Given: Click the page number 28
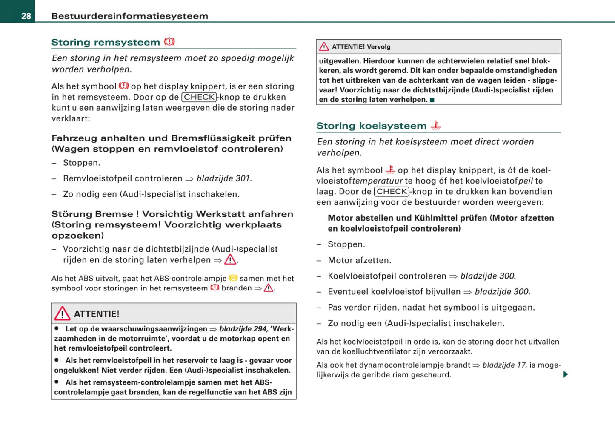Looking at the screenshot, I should [26, 16].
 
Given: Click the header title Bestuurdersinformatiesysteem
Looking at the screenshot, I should [130, 16].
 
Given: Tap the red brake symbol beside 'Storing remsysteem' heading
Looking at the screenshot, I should [169, 42].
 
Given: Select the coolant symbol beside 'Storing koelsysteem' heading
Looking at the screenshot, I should [435, 125].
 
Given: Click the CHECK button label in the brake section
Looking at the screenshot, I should [199, 97].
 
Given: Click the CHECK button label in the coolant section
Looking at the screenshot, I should [392, 192].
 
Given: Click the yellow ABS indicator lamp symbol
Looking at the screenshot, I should [233, 278].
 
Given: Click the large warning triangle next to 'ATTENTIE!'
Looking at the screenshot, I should [62, 313].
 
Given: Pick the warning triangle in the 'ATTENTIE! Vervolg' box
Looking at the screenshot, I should [324, 46].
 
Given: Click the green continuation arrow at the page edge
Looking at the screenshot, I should [565, 374].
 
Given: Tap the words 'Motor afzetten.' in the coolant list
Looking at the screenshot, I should [359, 260].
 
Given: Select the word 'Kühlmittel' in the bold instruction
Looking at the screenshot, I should [436, 218].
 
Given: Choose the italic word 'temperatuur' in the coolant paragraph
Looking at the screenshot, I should [378, 181].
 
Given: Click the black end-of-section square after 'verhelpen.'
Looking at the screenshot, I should [432, 100].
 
